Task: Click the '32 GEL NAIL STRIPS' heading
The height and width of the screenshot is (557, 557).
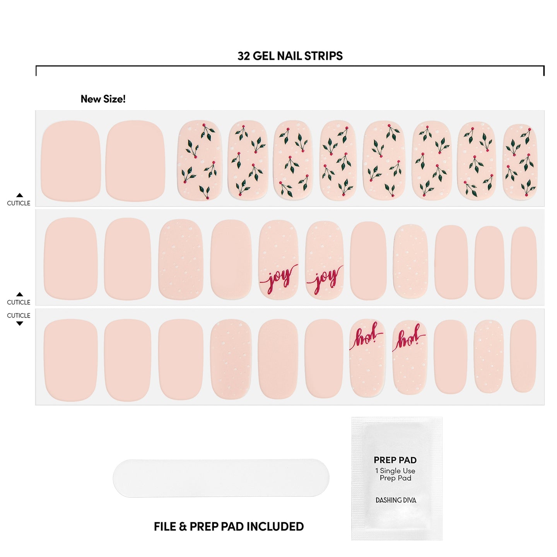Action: coord(290,56)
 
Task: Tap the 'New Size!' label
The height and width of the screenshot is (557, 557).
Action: coord(103,99)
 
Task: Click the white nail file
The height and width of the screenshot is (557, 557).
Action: coord(221,478)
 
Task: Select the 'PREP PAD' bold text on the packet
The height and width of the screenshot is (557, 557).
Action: coord(395,460)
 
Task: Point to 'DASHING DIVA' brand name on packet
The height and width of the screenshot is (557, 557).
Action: coord(396,500)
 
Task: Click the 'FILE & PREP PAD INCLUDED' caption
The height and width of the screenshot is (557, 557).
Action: coord(229,526)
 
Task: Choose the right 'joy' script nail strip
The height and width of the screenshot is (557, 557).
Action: coord(325,260)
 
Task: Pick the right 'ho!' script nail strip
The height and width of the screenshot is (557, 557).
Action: coord(410,357)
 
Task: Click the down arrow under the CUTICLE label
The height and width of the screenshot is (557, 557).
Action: coord(19,323)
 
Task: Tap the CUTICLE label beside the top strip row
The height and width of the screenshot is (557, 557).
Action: coord(19,203)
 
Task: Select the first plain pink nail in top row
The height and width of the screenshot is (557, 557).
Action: coord(71,161)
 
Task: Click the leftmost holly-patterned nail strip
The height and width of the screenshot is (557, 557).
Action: coord(200,160)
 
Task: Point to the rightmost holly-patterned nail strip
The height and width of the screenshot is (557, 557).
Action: coord(520,162)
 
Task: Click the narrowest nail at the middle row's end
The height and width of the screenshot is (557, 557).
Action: coord(524,263)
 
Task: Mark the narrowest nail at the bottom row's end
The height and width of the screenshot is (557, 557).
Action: coord(523,356)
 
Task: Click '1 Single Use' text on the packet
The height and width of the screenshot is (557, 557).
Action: coord(395,471)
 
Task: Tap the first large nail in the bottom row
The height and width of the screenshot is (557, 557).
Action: coord(71,360)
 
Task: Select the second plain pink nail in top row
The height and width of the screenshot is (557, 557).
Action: coord(135,161)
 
